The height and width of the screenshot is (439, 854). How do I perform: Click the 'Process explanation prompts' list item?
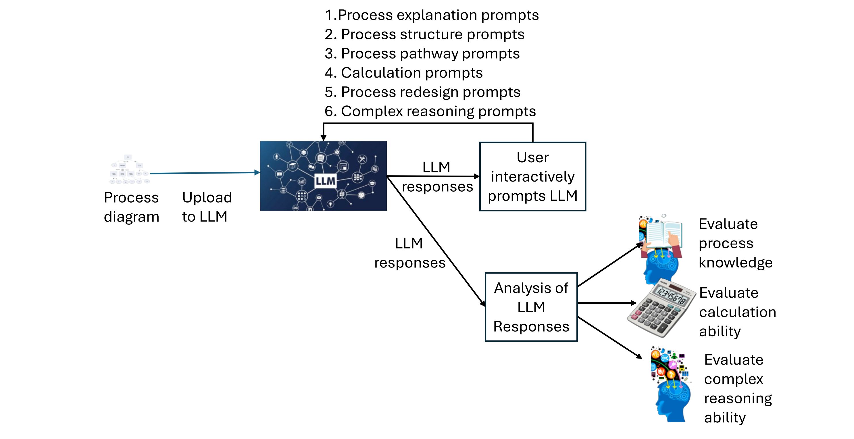[x=432, y=15]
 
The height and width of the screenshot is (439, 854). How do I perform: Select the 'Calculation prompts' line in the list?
[x=404, y=73]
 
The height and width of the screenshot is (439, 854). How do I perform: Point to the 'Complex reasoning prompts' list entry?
[x=430, y=111]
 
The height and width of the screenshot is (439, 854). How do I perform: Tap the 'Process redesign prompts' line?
[x=422, y=92]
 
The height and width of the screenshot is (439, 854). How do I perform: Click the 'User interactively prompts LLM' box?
[x=532, y=176]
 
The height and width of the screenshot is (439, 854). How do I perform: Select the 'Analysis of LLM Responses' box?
[x=531, y=307]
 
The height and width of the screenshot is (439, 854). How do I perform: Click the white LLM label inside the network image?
[x=325, y=181]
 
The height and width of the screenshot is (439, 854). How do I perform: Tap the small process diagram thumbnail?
[x=129, y=169]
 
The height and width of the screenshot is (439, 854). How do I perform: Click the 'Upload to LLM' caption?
[x=207, y=207]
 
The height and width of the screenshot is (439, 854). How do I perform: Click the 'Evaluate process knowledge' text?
[x=735, y=243]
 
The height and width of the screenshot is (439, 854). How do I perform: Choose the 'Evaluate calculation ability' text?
[x=737, y=312]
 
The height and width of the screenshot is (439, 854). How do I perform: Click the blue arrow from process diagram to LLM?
[x=204, y=173]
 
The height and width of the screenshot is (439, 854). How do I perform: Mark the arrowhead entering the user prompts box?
[x=477, y=176]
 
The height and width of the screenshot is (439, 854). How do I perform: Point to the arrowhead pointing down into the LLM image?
[x=324, y=138]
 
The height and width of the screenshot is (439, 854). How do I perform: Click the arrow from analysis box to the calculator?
[x=607, y=303]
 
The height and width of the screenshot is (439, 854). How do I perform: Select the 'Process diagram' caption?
[x=131, y=207]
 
